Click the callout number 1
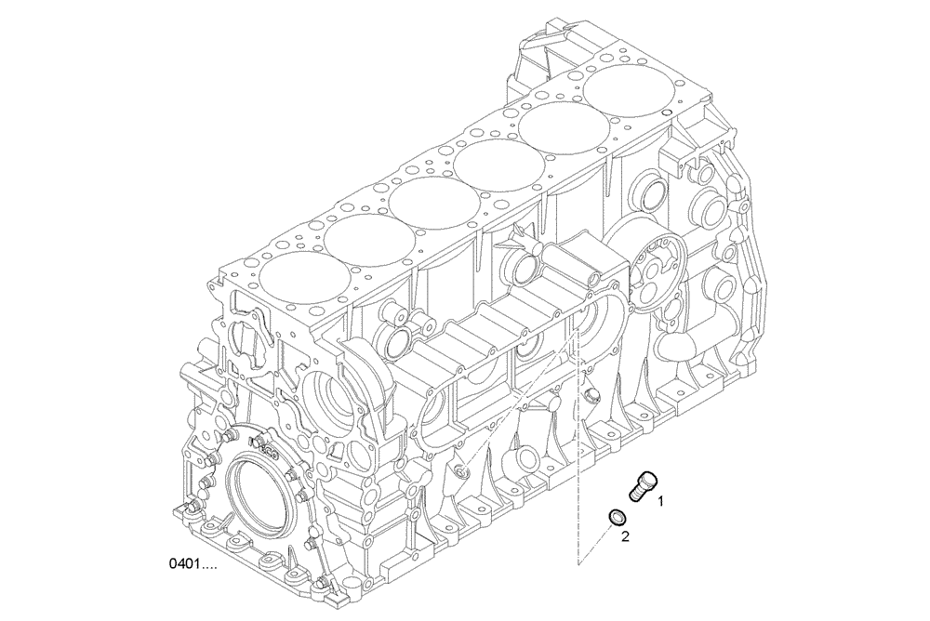pyautogui.click(x=661, y=501)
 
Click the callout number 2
pyautogui.click(x=626, y=535)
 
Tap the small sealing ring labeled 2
pyautogui.click(x=615, y=516)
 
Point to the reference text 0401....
pyautogui.click(x=193, y=564)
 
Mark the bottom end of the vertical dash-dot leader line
pyautogui.click(x=578, y=564)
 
